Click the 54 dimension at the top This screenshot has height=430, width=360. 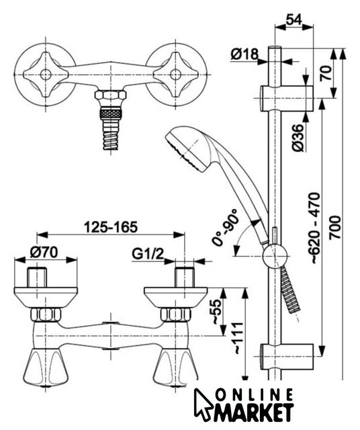tap(294, 19)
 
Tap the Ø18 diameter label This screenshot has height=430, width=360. tap(244, 54)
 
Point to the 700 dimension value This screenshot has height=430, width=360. tap(334, 227)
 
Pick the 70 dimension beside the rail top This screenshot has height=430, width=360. tap(326, 73)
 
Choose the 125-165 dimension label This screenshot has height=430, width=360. tap(110, 227)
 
